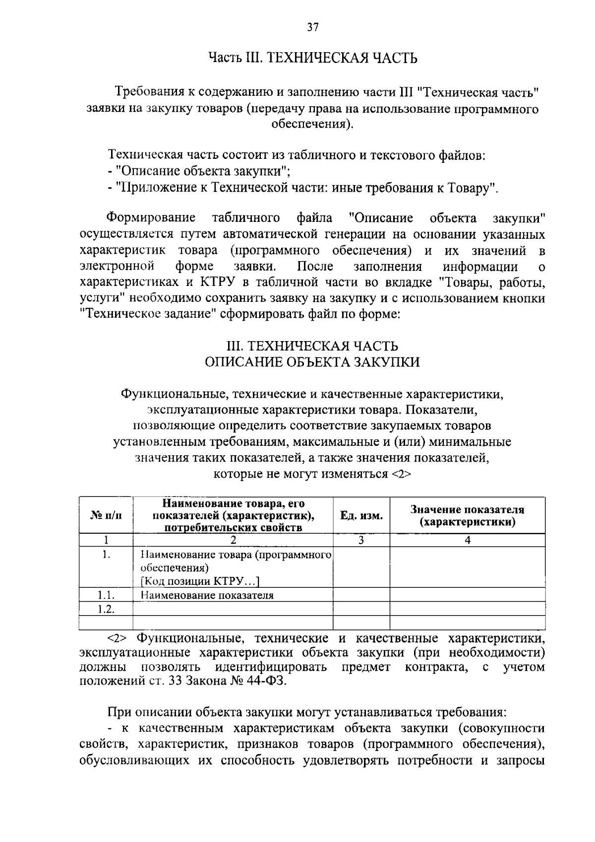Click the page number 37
[312, 27]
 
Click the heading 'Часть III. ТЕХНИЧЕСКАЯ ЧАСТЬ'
[312, 59]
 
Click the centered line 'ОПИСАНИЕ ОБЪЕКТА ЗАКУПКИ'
[312, 362]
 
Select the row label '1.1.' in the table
[106, 595]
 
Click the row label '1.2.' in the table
[106, 609]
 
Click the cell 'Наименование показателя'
[207, 595]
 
